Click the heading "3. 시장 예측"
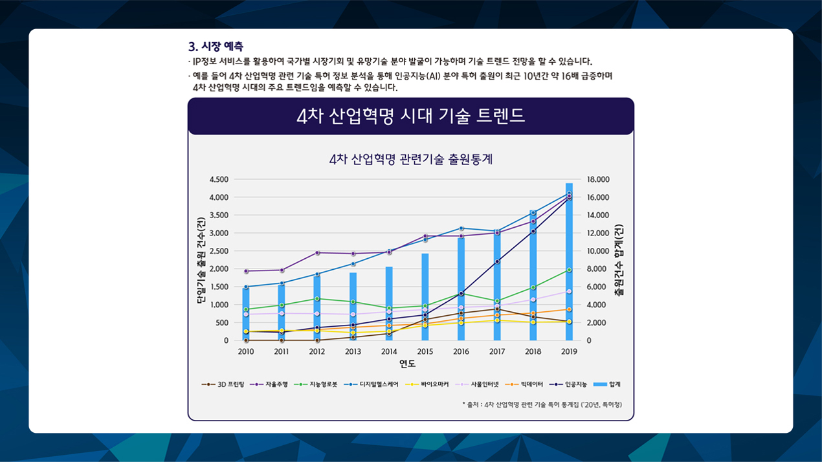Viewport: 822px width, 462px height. point(216,47)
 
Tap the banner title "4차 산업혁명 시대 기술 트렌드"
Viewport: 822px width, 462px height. point(410,116)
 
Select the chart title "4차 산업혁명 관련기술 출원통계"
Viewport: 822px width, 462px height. point(411,159)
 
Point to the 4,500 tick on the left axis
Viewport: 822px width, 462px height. point(219,179)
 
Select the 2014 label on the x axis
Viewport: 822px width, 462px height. point(389,351)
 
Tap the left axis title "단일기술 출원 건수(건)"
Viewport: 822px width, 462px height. point(200,259)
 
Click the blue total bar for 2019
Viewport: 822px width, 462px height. point(569,272)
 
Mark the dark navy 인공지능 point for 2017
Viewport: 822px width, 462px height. point(497,261)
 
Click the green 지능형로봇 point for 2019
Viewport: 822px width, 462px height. point(569,270)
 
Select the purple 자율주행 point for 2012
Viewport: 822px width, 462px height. point(317,252)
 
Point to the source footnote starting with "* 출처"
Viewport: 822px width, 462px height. point(542,404)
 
